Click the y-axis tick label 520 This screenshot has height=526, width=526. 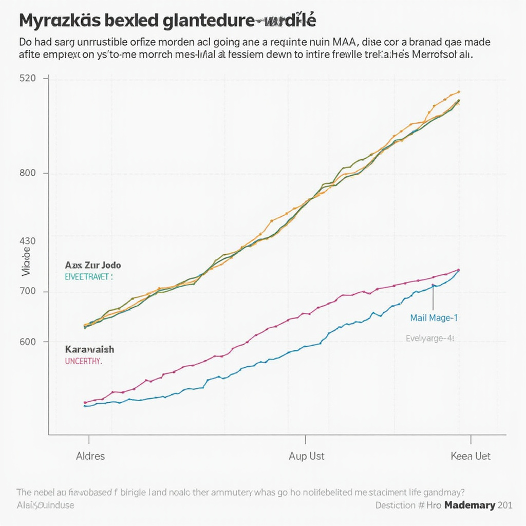point(27,79)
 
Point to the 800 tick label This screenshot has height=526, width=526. point(27,173)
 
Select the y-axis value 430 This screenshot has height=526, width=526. point(27,241)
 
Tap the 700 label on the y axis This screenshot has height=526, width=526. point(27,292)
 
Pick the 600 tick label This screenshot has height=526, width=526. point(27,342)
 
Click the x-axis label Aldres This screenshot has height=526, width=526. point(90,456)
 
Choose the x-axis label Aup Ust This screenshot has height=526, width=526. point(307,456)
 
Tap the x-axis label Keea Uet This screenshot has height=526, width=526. point(471,456)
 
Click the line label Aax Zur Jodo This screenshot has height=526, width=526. point(93,266)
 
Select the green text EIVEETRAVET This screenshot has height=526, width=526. point(88,276)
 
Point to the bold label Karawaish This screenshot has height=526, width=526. point(90,349)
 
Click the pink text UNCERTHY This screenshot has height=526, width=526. point(84,361)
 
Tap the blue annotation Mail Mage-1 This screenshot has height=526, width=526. point(434,318)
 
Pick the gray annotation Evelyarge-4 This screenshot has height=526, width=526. point(430,339)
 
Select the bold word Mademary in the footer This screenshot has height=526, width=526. point(469,505)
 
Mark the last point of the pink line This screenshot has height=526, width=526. point(458,270)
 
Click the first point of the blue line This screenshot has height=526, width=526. point(85,406)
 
